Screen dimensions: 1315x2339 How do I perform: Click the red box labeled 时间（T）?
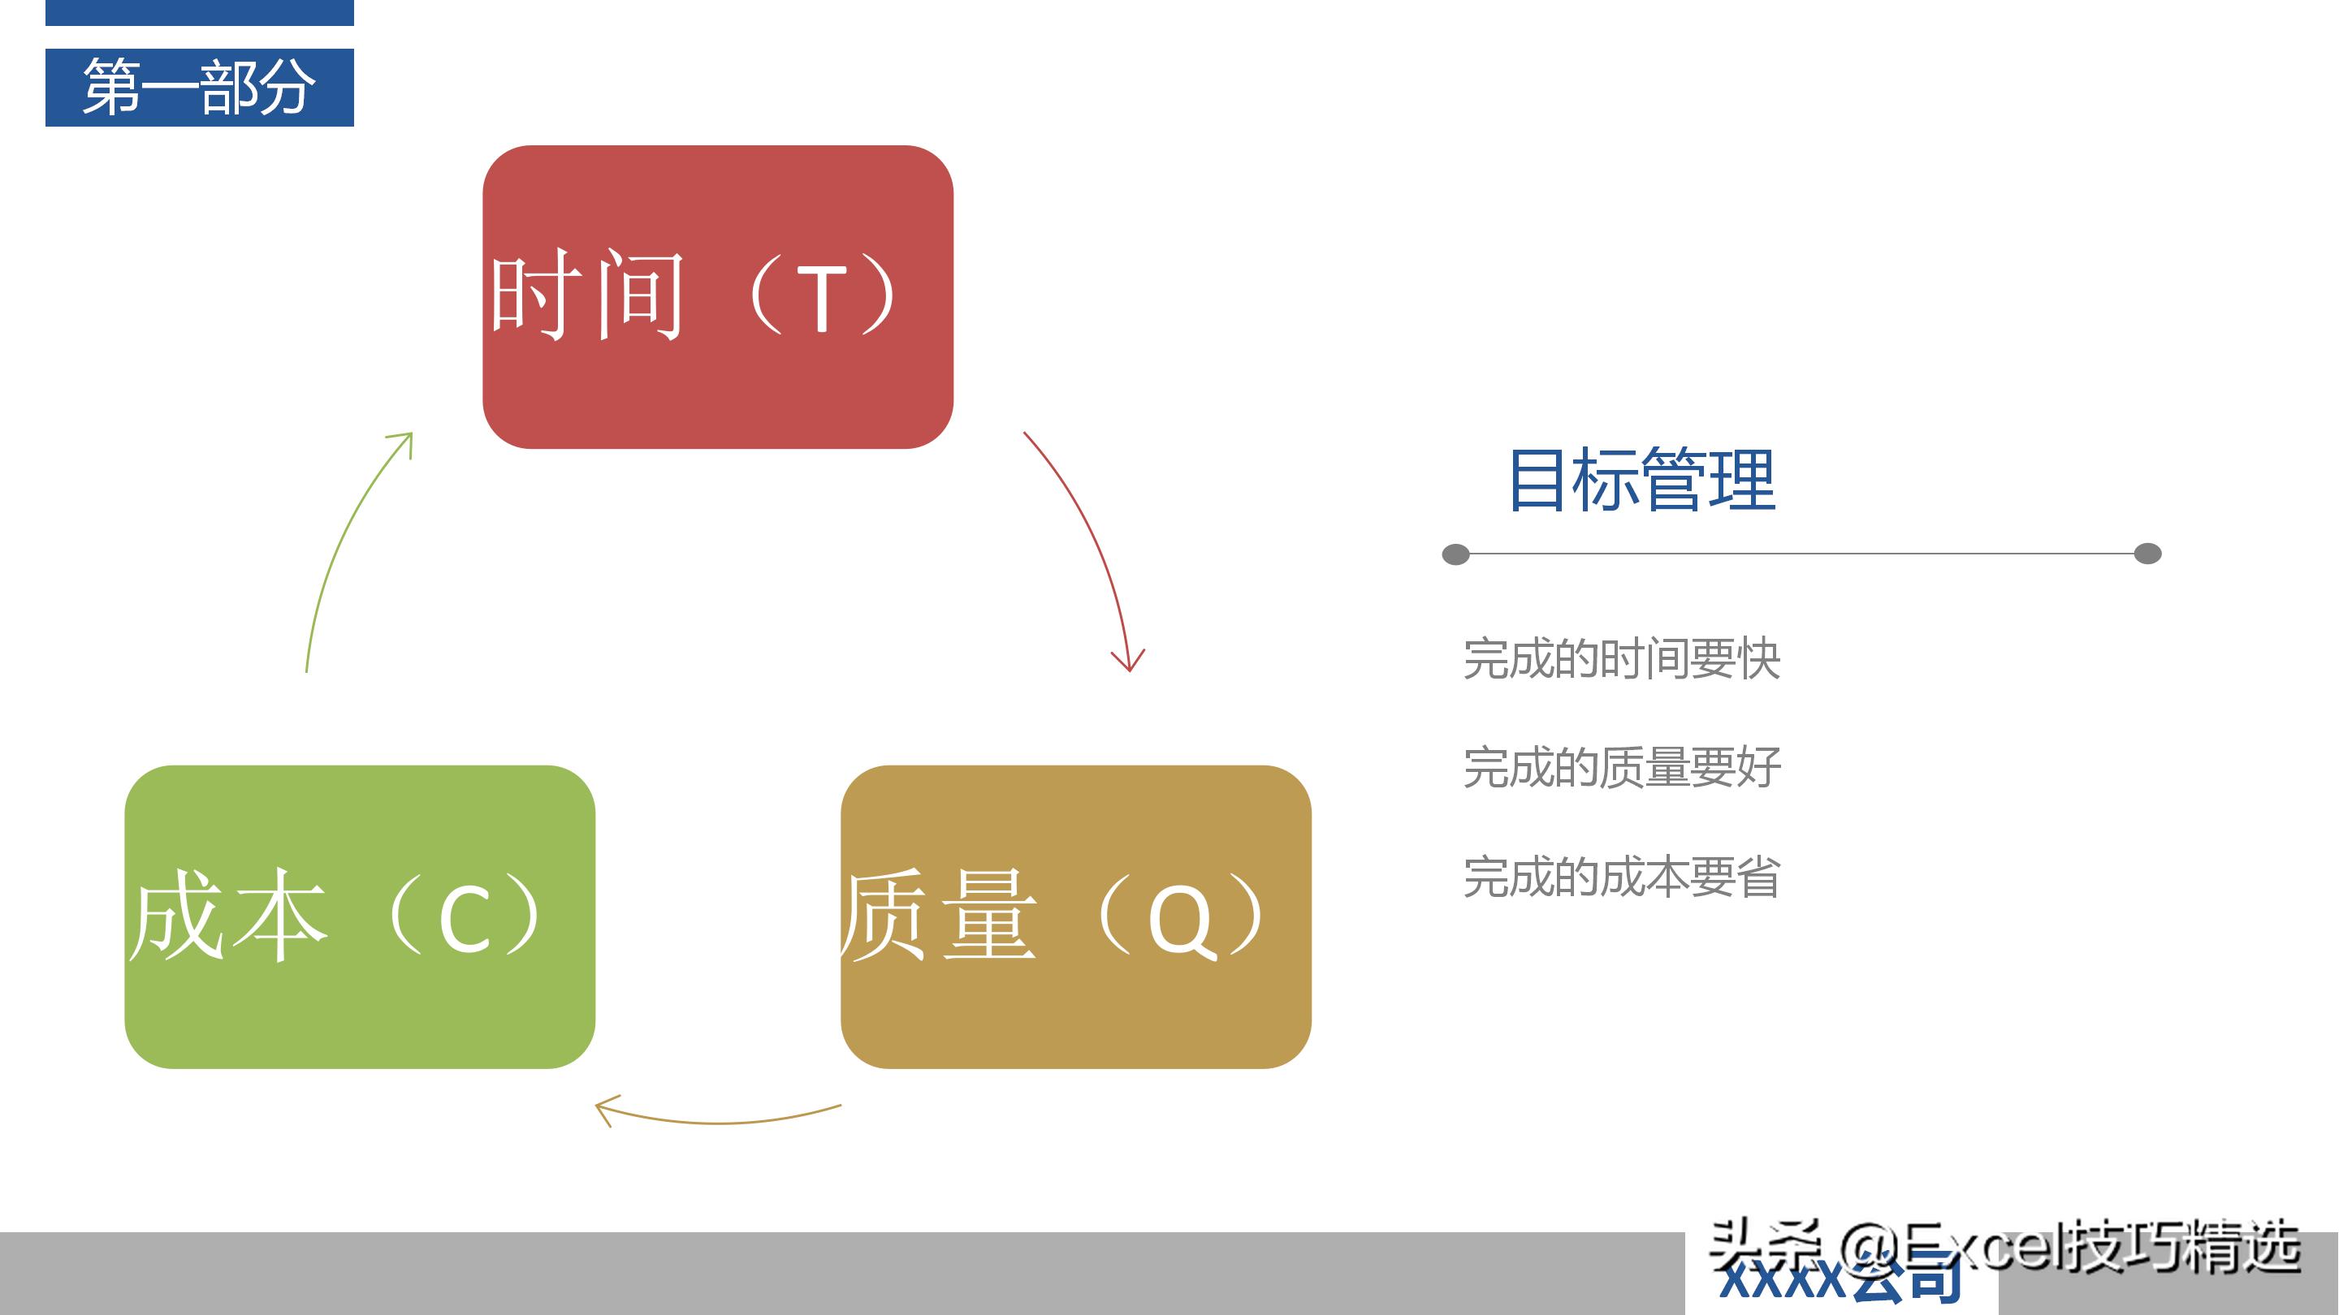[717, 382]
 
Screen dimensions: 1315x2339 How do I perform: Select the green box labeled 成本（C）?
[360, 998]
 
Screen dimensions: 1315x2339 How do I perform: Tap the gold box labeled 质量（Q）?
[1076, 998]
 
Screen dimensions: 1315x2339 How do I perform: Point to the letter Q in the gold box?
[1180, 921]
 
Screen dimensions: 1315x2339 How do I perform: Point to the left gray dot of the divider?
[1455, 554]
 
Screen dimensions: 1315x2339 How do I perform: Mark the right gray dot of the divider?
[2147, 554]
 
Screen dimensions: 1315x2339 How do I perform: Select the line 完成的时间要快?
[1622, 659]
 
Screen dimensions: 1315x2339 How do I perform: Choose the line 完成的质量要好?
[1622, 768]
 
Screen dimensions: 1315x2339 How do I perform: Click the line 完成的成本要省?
[1622, 877]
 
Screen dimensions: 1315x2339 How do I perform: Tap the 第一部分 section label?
[200, 87]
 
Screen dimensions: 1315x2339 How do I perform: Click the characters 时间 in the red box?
[586, 295]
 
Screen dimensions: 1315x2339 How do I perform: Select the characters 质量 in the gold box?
[939, 916]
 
